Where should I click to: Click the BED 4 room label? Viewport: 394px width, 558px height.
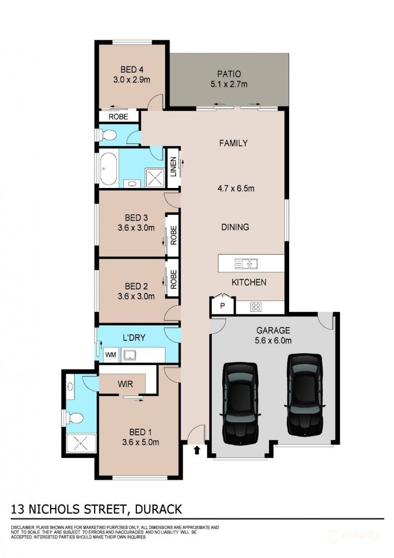pyautogui.click(x=132, y=70)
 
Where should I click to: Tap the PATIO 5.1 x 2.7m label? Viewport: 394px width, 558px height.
pyautogui.click(x=229, y=79)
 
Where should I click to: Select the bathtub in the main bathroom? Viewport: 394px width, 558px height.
pyautogui.click(x=108, y=168)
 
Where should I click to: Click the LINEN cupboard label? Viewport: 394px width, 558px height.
pyautogui.click(x=173, y=167)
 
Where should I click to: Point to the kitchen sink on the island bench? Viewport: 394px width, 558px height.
pyautogui.click(x=246, y=264)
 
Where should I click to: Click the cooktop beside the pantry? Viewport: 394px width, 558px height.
pyautogui.click(x=256, y=307)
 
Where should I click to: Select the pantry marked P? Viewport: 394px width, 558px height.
pyautogui.click(x=223, y=305)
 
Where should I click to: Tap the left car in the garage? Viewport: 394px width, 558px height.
pyautogui.click(x=240, y=403)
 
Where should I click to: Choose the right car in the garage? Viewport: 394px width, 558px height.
pyautogui.click(x=305, y=394)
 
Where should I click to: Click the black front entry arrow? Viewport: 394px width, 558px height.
pyautogui.click(x=197, y=450)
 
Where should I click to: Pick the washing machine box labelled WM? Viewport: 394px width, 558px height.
pyautogui.click(x=111, y=355)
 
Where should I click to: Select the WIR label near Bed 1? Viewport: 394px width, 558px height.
pyautogui.click(x=126, y=384)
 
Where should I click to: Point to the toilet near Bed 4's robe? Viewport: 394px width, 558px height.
pyautogui.click(x=107, y=135)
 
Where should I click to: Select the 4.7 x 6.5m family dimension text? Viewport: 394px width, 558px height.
pyautogui.click(x=236, y=188)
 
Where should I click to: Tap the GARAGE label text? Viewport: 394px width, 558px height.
pyautogui.click(x=273, y=331)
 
